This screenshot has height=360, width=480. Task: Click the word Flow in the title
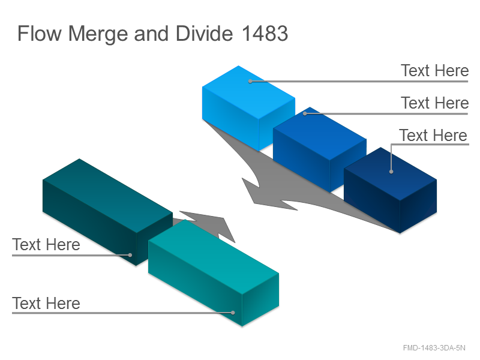click(40, 33)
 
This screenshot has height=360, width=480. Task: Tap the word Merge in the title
click(98, 34)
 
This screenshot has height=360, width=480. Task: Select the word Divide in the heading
click(204, 33)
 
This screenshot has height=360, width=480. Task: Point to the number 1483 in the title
click(265, 33)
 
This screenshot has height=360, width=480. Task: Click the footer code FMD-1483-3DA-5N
click(434, 348)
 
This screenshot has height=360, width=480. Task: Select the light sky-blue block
click(248, 107)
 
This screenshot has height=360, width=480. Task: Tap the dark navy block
click(391, 190)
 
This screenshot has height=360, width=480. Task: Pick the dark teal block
click(107, 212)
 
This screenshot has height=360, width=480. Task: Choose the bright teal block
click(214, 272)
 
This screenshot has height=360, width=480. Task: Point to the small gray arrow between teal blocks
click(208, 225)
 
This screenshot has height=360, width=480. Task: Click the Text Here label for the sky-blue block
click(434, 71)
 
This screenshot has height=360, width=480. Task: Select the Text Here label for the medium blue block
click(434, 103)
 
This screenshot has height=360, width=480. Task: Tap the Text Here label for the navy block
click(433, 136)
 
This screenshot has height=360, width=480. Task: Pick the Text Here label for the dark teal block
click(46, 245)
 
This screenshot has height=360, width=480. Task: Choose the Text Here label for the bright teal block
click(46, 304)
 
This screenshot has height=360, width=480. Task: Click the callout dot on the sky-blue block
click(250, 82)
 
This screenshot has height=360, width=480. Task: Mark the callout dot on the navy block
click(391, 172)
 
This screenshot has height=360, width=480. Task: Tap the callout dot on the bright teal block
click(233, 313)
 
